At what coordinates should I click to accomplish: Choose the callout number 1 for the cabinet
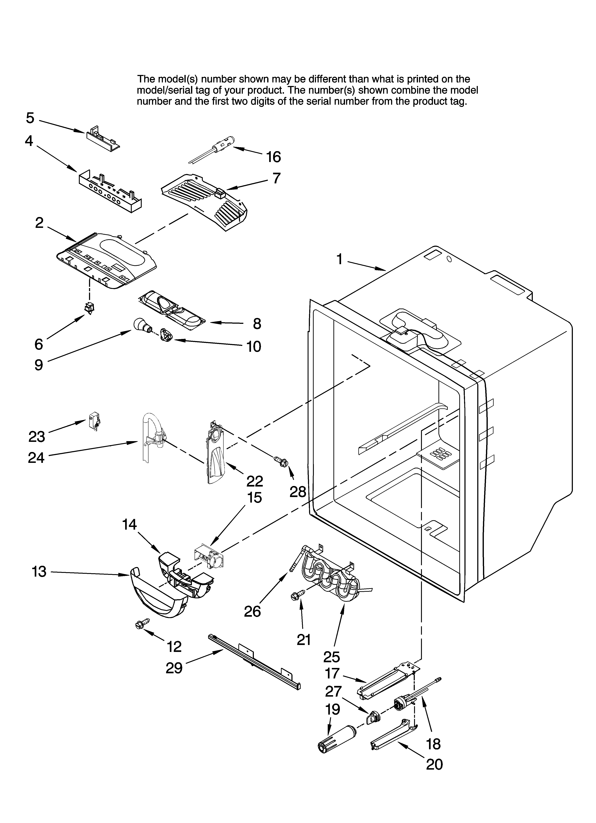tap(339, 259)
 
